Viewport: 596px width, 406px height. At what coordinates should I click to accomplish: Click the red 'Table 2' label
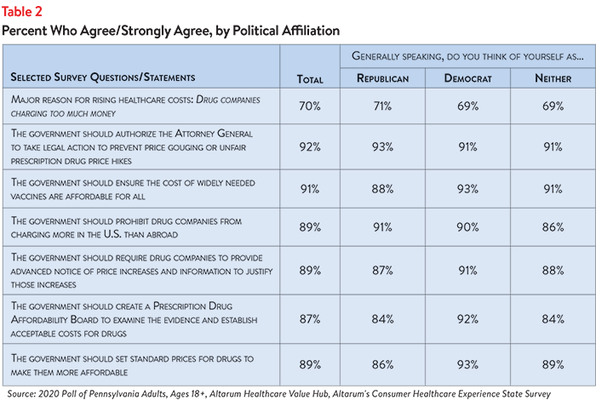pos(21,12)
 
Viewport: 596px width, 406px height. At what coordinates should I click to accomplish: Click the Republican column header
pos(383,78)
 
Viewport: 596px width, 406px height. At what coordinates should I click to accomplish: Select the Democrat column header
pos(468,78)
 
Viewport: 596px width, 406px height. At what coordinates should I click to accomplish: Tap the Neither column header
pos(553,78)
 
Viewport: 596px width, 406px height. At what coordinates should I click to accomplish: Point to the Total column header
pos(310,79)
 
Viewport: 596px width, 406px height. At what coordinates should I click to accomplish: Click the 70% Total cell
pos(310,106)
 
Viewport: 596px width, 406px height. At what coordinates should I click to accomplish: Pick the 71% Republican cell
pos(382,106)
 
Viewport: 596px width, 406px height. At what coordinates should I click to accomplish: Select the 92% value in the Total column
pos(310,146)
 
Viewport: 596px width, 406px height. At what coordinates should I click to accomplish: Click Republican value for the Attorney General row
pos(382,146)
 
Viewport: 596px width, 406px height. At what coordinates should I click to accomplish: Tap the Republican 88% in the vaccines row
pos(382,189)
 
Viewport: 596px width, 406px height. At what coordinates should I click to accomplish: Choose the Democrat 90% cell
pos(468,227)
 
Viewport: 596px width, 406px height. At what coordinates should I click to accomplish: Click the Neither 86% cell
pos(553,227)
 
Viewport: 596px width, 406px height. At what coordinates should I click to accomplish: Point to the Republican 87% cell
pos(382,271)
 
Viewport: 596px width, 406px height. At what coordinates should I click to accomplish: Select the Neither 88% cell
pos(553,271)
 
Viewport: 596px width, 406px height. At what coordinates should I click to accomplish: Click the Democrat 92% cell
pos(468,319)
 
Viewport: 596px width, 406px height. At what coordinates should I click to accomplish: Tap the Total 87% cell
pos(310,319)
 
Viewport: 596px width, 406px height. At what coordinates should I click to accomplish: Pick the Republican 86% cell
pos(382,364)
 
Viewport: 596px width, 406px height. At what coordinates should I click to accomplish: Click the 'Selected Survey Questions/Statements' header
pos(103,77)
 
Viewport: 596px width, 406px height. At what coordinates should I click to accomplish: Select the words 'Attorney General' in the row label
pos(214,134)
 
